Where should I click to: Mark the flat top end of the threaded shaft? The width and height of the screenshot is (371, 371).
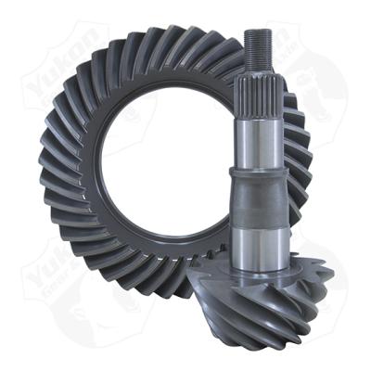pyautogui.click(x=258, y=32)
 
